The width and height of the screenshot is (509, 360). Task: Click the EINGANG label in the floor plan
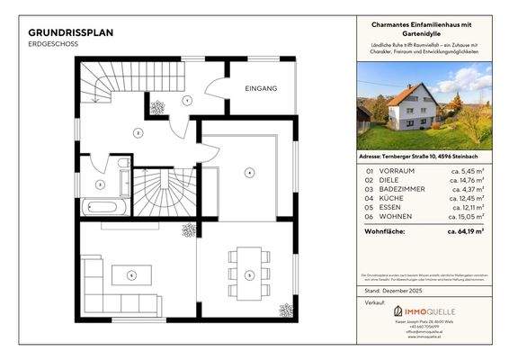click(261, 89)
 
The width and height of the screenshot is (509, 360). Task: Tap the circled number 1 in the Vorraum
click(186, 100)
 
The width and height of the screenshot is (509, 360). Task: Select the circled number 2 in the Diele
click(138, 133)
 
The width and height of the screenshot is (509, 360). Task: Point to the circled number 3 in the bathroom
click(100, 184)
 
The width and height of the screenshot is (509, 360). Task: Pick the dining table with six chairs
click(251, 274)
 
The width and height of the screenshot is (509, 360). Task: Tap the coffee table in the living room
click(131, 274)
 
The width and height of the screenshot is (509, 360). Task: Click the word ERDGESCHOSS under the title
click(52, 44)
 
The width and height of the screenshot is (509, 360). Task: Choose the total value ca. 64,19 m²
click(466, 231)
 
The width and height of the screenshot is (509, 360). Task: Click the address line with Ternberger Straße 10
click(424, 157)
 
